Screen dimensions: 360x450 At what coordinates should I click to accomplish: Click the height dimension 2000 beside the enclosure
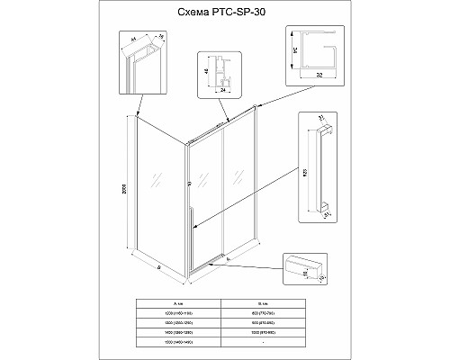coord(129,192)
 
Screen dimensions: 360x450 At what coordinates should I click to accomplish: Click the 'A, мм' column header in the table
coord(175,304)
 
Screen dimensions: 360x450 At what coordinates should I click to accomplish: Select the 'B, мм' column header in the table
coord(273,304)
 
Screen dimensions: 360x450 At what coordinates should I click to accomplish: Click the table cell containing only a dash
coord(273,343)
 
